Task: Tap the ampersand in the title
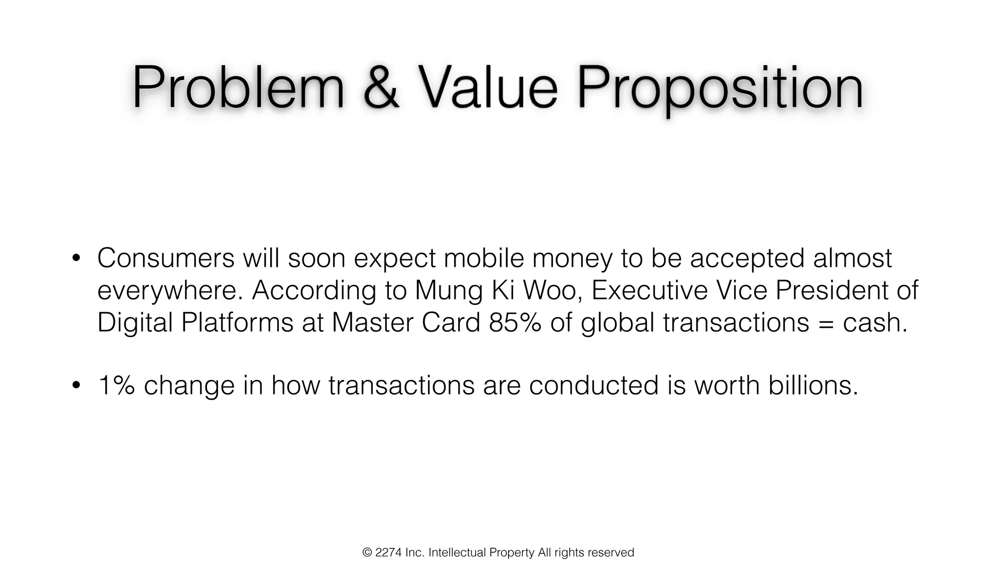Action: (x=381, y=88)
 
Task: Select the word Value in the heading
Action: (x=488, y=88)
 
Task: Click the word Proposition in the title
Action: (x=720, y=90)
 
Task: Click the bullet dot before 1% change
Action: (x=75, y=385)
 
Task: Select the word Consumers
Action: (x=166, y=258)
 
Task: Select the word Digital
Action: (x=135, y=322)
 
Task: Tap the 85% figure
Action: (x=515, y=322)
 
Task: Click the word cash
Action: (x=875, y=322)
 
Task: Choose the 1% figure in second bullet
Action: (x=116, y=385)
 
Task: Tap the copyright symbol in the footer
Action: (x=367, y=553)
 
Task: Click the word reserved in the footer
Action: (x=611, y=553)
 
